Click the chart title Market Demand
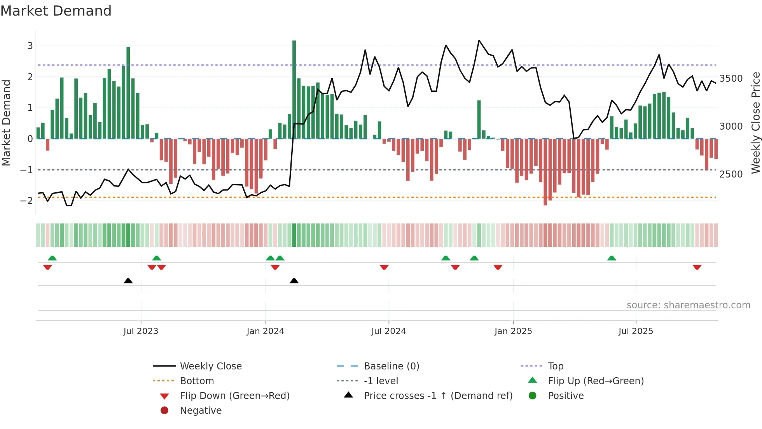56,11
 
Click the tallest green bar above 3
294,90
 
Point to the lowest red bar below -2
545,172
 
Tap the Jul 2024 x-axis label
388,331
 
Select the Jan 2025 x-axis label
513,331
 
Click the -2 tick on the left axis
27,200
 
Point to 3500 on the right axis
731,79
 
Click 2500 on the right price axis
731,174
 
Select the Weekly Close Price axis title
755,123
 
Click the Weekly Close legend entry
210,366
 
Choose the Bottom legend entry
197,381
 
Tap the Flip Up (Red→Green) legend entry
596,381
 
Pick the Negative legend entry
201,410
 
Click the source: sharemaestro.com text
688,305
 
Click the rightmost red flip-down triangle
697,267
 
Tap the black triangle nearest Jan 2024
294,281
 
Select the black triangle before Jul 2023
128,281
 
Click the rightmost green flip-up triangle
612,258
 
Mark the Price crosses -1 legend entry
438,396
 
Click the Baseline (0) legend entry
391,366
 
